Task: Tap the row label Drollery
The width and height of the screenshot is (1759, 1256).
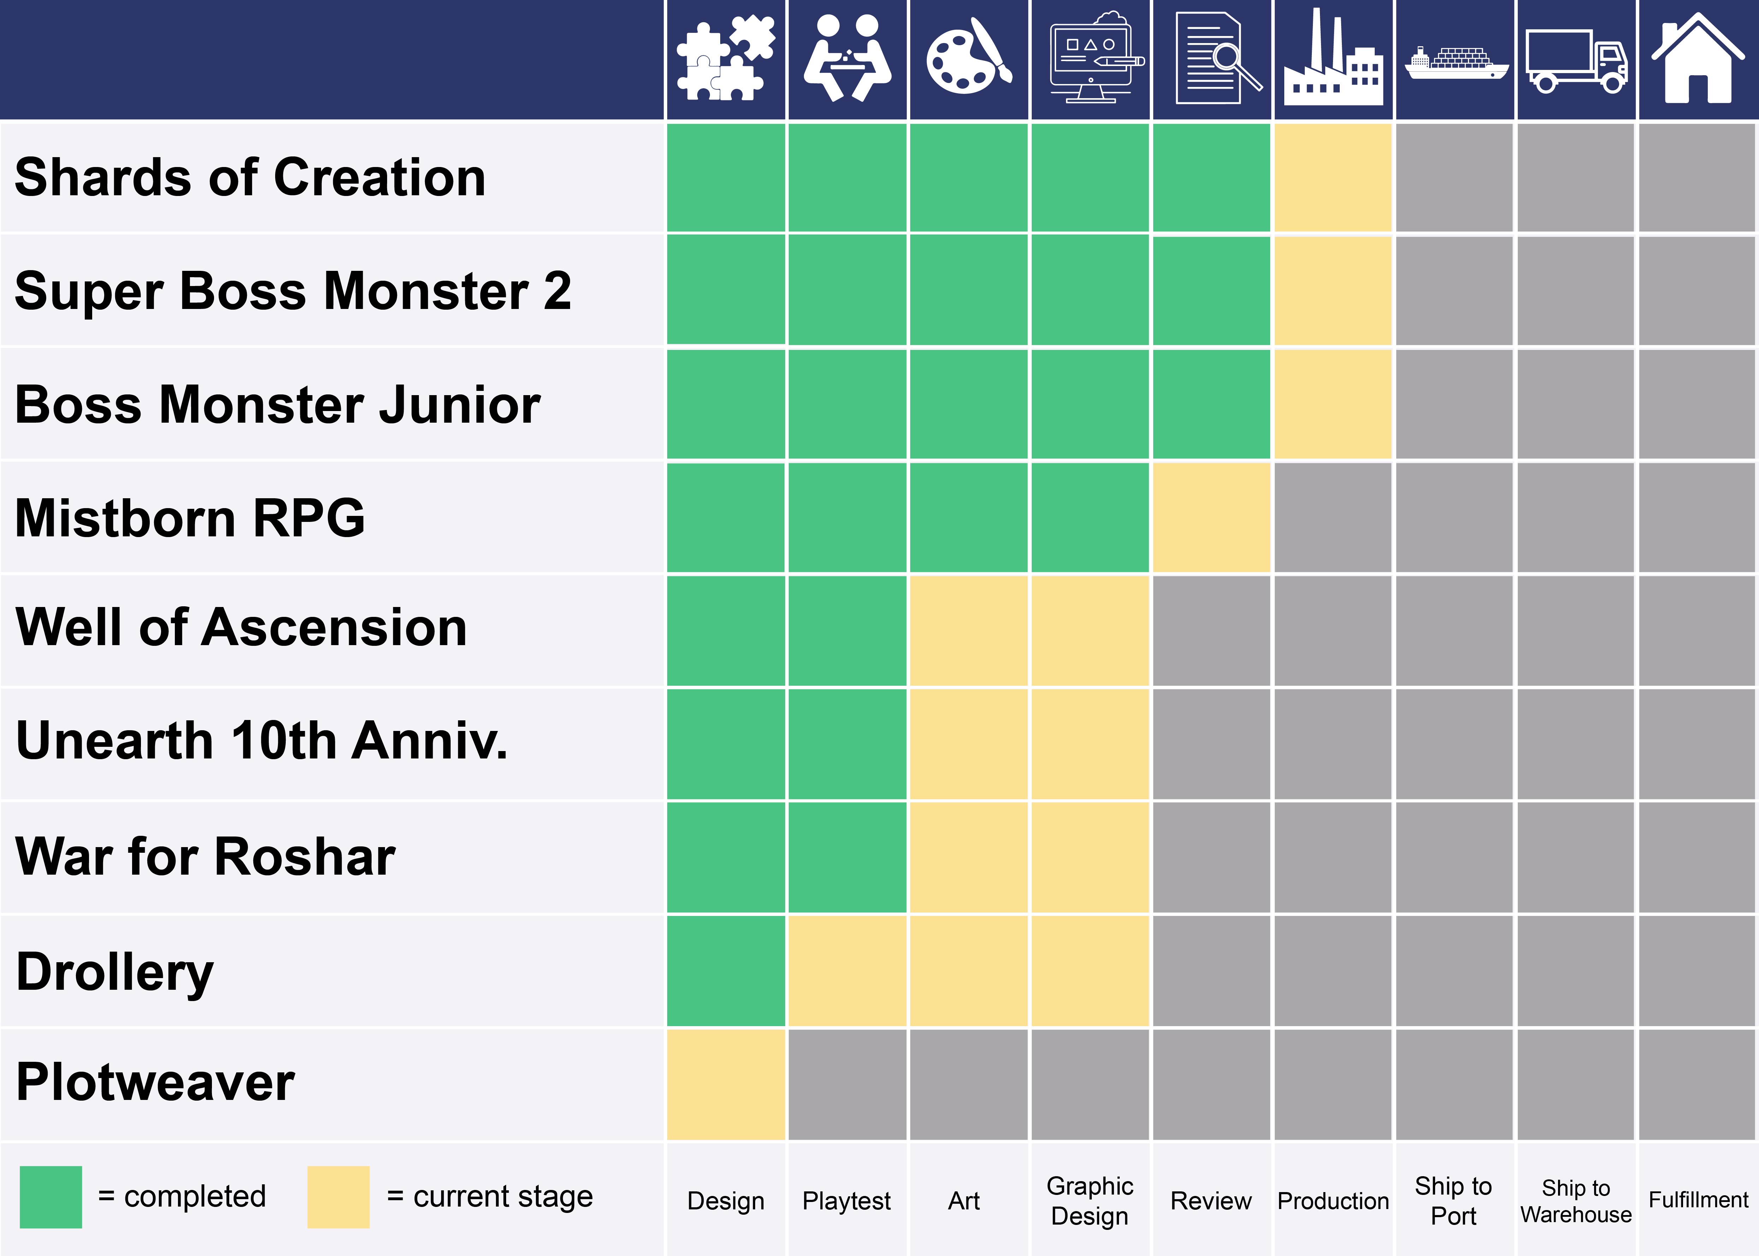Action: click(114, 972)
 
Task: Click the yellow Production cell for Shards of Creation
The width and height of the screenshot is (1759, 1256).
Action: click(1333, 177)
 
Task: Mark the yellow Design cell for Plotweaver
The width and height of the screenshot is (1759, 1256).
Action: click(725, 1084)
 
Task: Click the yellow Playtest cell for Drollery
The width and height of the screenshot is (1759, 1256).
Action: click(847, 971)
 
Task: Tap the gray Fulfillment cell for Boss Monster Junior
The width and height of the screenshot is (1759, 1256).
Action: click(1697, 404)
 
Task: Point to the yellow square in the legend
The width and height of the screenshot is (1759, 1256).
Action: click(338, 1196)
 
